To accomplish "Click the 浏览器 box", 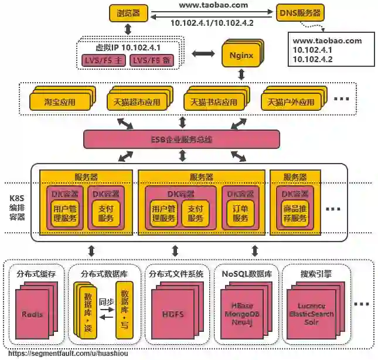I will [x=128, y=13].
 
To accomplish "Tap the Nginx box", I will [x=240, y=56].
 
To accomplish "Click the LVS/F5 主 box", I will [x=103, y=60].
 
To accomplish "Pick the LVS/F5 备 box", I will [x=151, y=60].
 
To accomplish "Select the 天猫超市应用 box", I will [x=137, y=101].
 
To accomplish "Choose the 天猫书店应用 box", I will [x=213, y=101].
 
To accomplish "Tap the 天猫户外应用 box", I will [x=291, y=101].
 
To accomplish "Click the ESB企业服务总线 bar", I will [x=182, y=139].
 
